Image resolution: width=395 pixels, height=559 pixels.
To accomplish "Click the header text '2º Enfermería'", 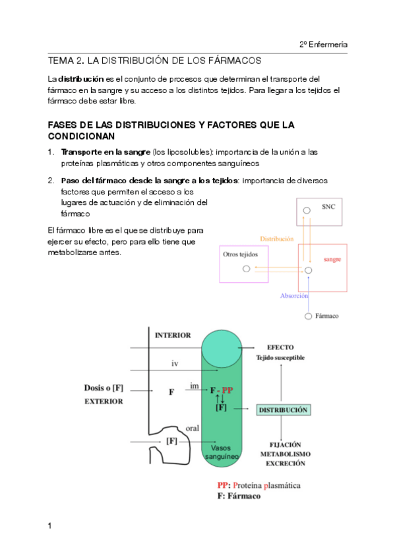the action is [x=323, y=45].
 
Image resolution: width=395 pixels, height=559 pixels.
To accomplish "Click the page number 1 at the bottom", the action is [x=49, y=525].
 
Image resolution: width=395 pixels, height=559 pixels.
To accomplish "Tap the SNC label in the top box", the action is [x=328, y=207].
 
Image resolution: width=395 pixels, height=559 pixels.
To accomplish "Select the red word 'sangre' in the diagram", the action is [x=332, y=259].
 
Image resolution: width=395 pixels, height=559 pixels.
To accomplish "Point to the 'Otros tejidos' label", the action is [x=240, y=254].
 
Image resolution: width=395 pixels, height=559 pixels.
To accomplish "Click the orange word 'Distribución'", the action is [x=277, y=239].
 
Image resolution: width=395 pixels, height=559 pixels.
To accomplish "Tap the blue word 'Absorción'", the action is [x=294, y=296].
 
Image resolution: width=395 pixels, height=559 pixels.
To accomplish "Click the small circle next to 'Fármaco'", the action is [x=309, y=316].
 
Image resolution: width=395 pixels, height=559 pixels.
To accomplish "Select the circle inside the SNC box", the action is [x=307, y=210].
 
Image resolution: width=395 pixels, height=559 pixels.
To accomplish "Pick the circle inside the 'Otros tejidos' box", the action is [x=247, y=269].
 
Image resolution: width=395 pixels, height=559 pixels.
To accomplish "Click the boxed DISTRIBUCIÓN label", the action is [x=284, y=410].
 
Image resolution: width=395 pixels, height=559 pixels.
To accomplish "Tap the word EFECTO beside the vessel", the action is [x=280, y=347].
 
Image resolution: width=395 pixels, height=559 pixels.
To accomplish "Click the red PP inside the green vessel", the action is [x=228, y=390].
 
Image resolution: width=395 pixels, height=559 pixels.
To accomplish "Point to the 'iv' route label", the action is [x=175, y=364].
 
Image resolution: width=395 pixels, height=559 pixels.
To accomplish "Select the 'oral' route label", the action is [x=193, y=428].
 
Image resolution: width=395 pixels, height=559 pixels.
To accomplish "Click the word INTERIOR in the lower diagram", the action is [x=173, y=336].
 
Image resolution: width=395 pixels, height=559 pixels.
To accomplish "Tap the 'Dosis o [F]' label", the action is [x=104, y=388].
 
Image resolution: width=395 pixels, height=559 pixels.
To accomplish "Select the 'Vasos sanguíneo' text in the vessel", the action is [x=222, y=452].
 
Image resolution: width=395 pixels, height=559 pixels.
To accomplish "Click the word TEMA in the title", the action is [x=61, y=61].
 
